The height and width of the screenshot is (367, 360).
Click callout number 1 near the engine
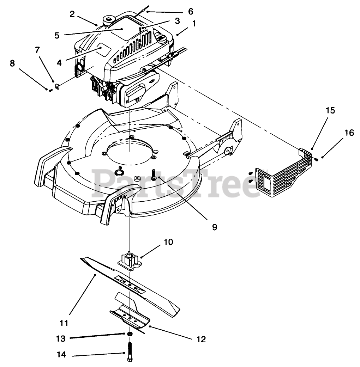(194, 24)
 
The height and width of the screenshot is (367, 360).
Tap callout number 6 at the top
(191, 11)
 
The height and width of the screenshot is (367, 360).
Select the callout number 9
(214, 227)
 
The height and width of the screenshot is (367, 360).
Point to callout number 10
(168, 242)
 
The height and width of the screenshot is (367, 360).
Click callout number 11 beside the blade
(64, 323)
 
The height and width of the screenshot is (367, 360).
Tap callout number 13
(61, 338)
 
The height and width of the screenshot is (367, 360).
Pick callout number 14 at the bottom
(61, 355)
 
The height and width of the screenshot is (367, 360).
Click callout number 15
(330, 110)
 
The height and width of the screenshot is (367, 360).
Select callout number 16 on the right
(349, 133)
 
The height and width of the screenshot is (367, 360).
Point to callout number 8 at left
(12, 63)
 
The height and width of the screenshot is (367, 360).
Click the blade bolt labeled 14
(130, 351)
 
